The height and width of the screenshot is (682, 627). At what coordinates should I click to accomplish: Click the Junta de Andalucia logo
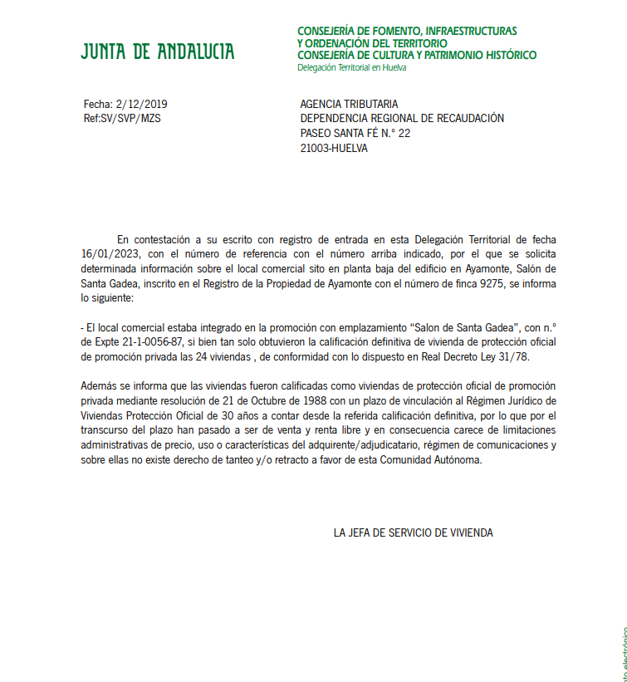pos(157,52)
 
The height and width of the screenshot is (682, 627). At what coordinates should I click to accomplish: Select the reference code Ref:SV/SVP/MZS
pos(122,119)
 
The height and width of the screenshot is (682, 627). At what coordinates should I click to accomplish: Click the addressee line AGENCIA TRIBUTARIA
pos(349,104)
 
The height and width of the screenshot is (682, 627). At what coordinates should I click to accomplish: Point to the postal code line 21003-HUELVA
pos(333,149)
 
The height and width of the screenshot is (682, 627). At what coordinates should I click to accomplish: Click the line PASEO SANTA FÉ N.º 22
pos(355,134)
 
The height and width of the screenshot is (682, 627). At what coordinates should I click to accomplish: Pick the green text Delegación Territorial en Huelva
pos(351,67)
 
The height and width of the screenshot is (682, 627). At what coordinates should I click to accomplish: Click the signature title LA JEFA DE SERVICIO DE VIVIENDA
pos(413,532)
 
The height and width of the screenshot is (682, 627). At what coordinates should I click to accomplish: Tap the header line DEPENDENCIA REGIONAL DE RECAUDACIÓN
pos(401,119)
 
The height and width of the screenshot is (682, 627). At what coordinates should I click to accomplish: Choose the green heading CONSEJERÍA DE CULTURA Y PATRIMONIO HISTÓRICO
pos(416,56)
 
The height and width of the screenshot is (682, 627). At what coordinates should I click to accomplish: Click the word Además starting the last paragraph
pos(100,386)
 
